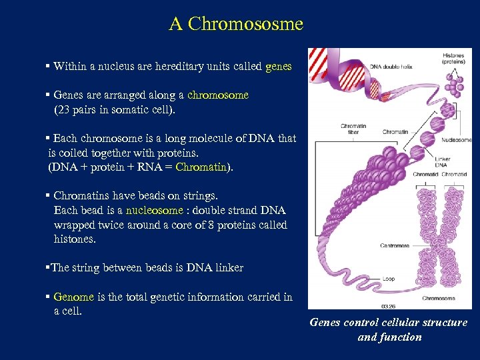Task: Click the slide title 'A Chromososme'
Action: click(236, 24)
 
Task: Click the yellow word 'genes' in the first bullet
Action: click(278, 67)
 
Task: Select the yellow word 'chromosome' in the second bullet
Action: click(218, 95)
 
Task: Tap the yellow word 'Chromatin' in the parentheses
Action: click(201, 167)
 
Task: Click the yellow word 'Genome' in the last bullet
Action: click(74, 297)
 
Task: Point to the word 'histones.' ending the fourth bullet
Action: click(75, 239)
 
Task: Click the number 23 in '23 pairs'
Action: click(64, 109)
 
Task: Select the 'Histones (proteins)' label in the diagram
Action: click(454, 58)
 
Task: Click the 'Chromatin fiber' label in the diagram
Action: click(353, 129)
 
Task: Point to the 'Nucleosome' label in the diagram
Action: click(457, 140)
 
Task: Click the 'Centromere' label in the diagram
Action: click(376, 245)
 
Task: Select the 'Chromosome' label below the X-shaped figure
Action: click(439, 298)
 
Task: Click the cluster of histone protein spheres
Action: click(455, 85)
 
